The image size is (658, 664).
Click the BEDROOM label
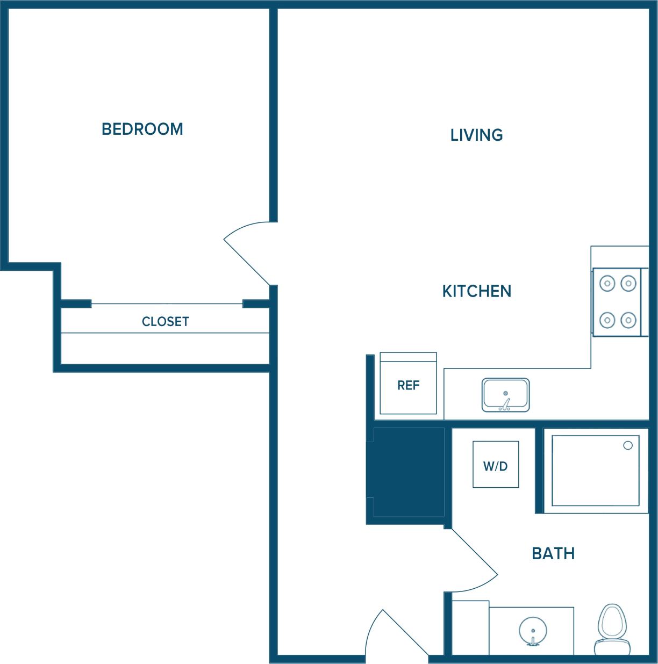(x=142, y=129)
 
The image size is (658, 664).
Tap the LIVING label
(x=476, y=135)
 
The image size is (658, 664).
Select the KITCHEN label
(x=476, y=291)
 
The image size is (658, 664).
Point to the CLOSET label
(x=165, y=322)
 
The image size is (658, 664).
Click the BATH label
(x=553, y=553)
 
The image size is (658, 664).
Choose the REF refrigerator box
(x=408, y=384)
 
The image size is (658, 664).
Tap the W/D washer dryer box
(x=495, y=465)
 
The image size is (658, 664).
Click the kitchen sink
(x=505, y=395)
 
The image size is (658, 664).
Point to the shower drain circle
(x=627, y=445)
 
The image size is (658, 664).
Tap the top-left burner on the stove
(x=607, y=283)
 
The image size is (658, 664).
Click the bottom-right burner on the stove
(x=628, y=321)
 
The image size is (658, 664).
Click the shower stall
(x=595, y=471)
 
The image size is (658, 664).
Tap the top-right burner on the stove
(x=628, y=283)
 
